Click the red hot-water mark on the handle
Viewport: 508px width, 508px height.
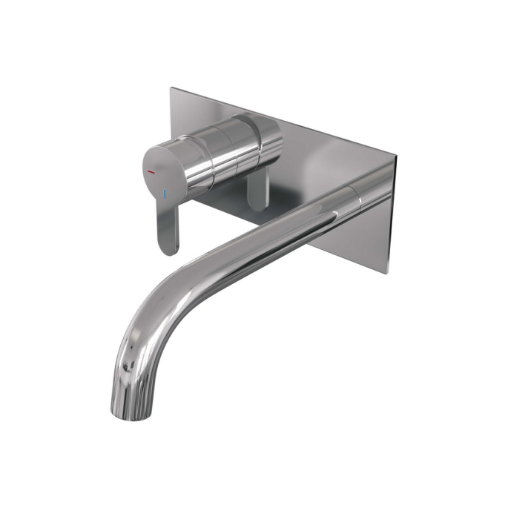point(151,171)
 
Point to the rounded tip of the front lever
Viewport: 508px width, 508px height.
point(168,248)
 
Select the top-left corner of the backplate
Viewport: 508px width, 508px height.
point(171,88)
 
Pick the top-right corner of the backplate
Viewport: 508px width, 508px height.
point(397,157)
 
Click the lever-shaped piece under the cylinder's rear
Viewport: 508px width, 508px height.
point(256,193)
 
